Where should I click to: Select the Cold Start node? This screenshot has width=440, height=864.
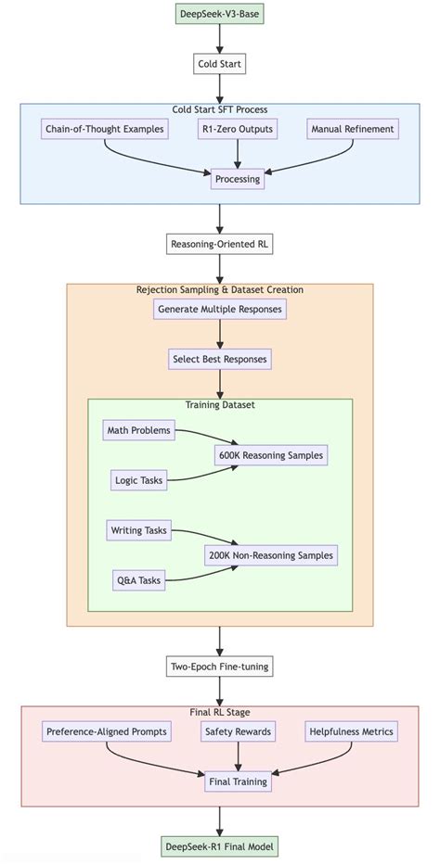point(220,64)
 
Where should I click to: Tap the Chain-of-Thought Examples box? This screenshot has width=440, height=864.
point(104,129)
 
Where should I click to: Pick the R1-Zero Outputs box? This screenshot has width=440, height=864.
point(237,129)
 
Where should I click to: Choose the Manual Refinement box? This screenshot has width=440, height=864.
point(353,129)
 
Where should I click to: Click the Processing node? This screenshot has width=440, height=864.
point(237,179)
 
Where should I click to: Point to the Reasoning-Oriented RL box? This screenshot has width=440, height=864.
point(220,244)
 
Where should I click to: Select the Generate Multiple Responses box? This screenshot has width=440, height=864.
point(220,309)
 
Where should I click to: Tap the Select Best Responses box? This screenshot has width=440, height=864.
point(220,358)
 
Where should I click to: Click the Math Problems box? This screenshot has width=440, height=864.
point(137,430)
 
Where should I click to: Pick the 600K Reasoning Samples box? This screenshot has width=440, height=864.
point(271,455)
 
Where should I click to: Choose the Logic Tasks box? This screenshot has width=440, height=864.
point(137,480)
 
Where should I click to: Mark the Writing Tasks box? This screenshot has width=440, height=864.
point(137,530)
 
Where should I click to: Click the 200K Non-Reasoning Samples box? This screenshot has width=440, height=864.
point(271,555)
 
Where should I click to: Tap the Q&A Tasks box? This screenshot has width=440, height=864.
point(137,580)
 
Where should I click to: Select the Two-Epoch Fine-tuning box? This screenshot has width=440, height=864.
point(220,667)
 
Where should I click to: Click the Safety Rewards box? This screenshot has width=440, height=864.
point(238,731)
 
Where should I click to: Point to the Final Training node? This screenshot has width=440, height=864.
point(238,781)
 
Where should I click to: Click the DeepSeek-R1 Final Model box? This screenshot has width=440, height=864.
point(220,846)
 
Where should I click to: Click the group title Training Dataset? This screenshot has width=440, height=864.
point(220,405)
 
